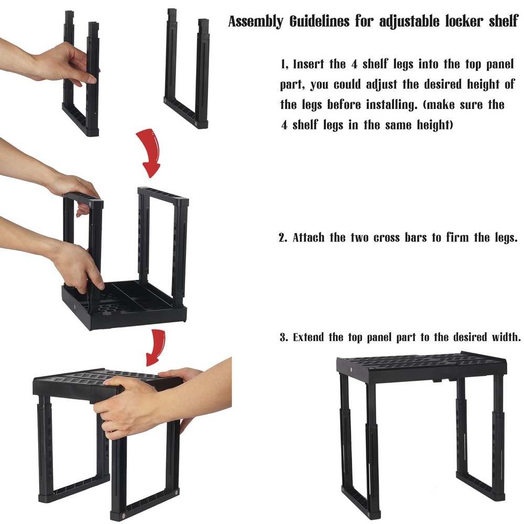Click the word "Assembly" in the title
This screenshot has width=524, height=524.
[252, 23]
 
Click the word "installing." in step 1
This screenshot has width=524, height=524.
[391, 105]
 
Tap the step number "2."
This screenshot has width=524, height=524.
[283, 237]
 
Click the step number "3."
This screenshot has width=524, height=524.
[284, 337]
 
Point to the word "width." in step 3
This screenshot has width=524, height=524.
[504, 337]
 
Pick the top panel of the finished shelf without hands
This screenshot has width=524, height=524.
[422, 364]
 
